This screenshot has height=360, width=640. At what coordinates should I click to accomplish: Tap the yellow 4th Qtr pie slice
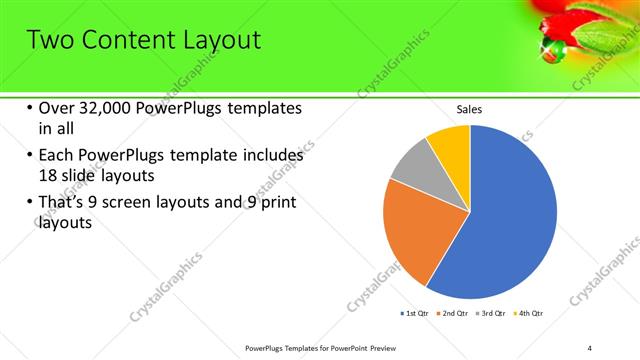coord(450,146)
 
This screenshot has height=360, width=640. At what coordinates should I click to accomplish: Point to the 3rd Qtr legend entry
coord(491,314)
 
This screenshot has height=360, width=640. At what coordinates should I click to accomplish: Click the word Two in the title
coord(48,41)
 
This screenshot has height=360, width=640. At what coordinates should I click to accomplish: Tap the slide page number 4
coord(590,347)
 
